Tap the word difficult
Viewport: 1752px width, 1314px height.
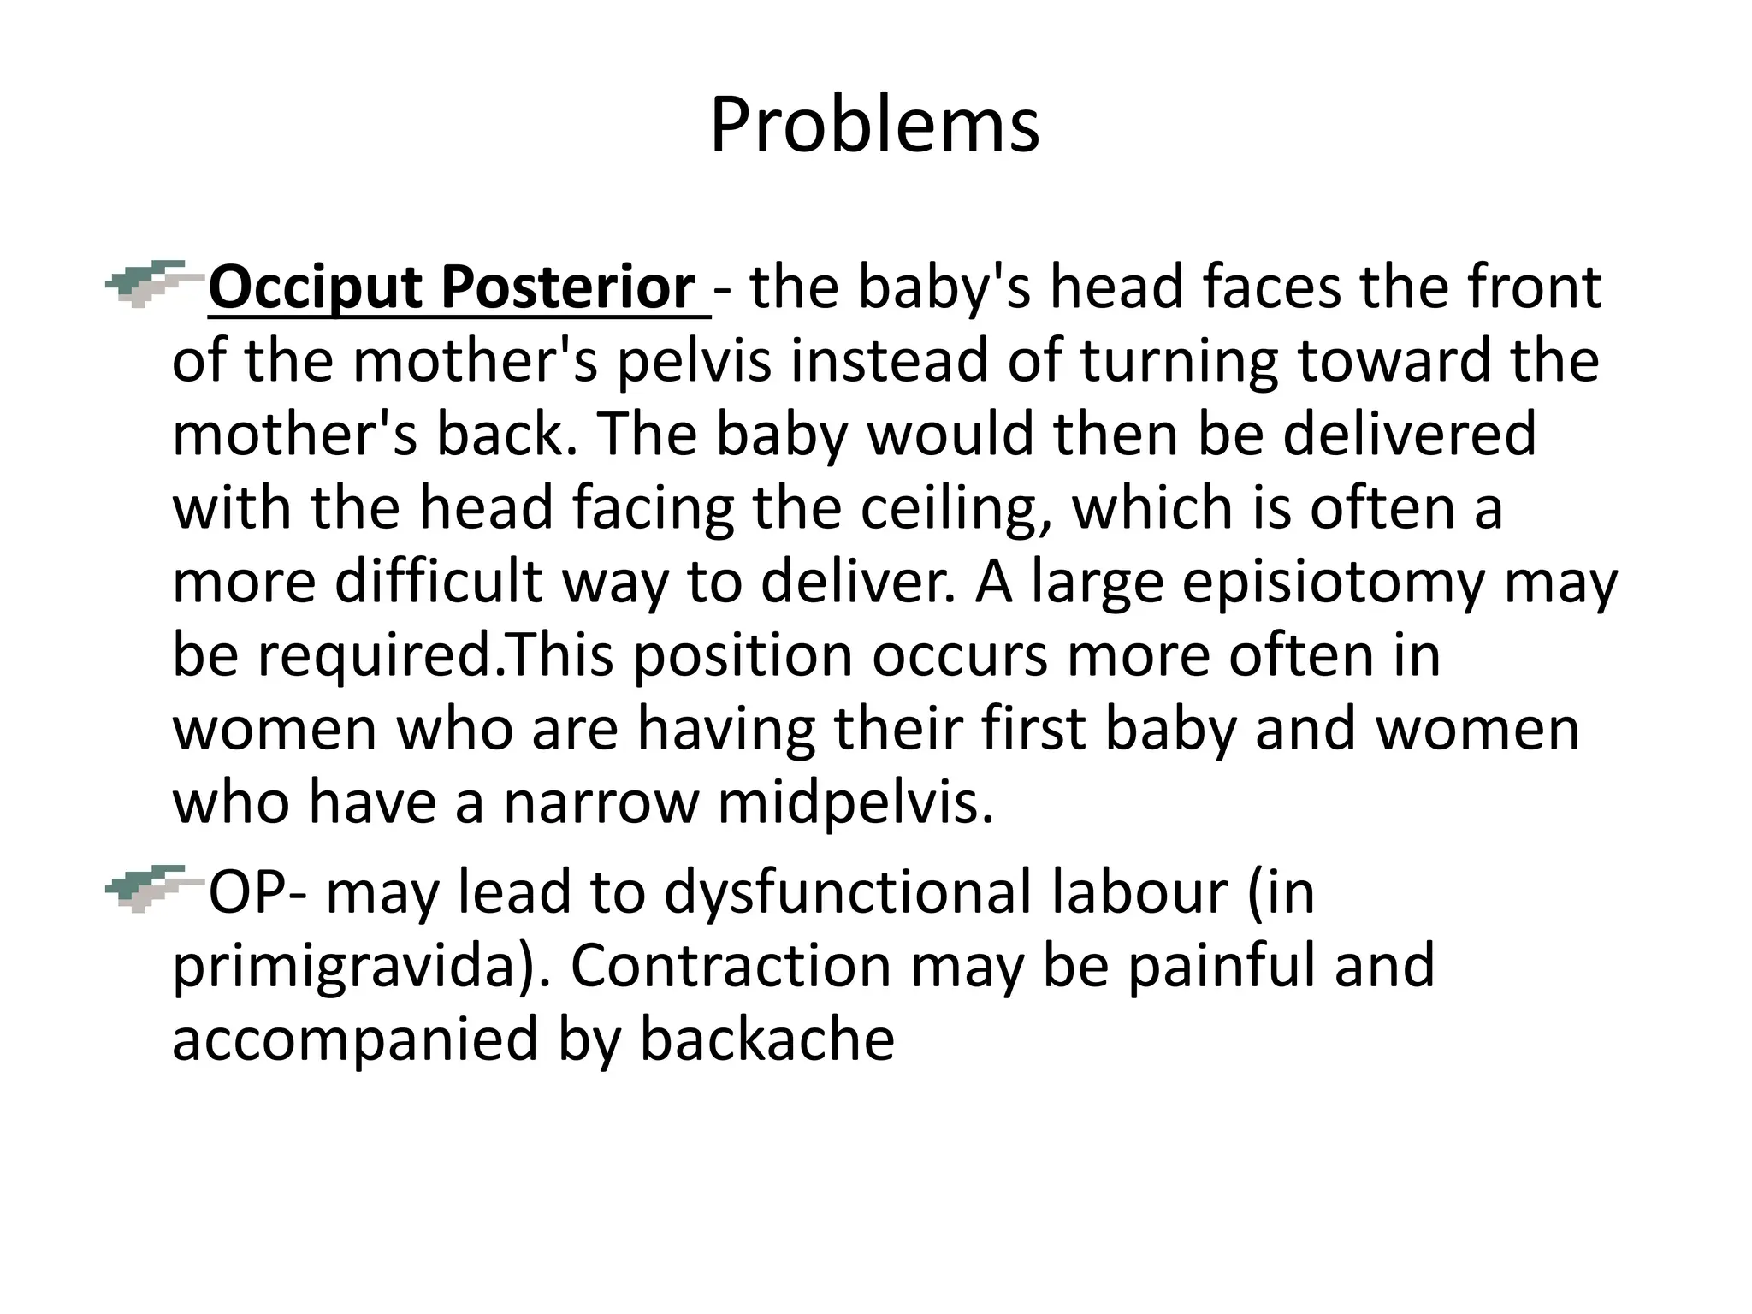point(437,583)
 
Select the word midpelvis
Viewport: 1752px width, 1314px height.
point(855,803)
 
